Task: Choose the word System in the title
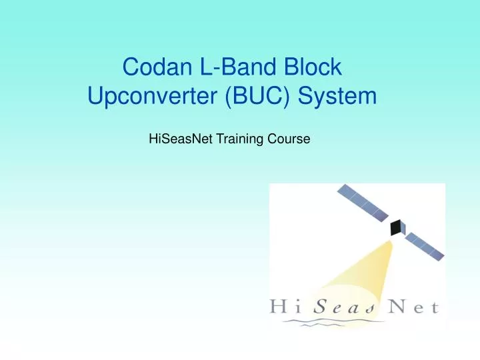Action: tap(339, 98)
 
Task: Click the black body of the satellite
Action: tap(397, 227)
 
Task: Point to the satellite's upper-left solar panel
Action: tap(364, 203)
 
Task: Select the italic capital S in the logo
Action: tap(321, 307)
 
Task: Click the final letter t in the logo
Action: tap(435, 307)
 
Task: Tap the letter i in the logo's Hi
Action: tap(298, 307)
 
